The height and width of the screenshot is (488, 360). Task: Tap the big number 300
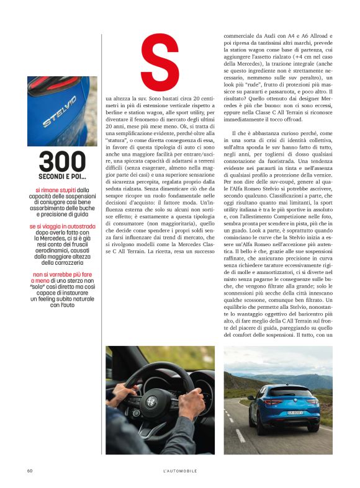(x=61, y=162)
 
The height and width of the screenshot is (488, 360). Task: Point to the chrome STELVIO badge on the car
(x=60, y=112)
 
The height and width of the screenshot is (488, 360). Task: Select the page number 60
(x=29, y=471)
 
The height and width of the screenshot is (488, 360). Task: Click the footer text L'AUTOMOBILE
(x=179, y=471)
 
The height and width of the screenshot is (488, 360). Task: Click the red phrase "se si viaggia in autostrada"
(x=61, y=226)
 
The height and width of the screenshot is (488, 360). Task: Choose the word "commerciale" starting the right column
(x=241, y=37)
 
